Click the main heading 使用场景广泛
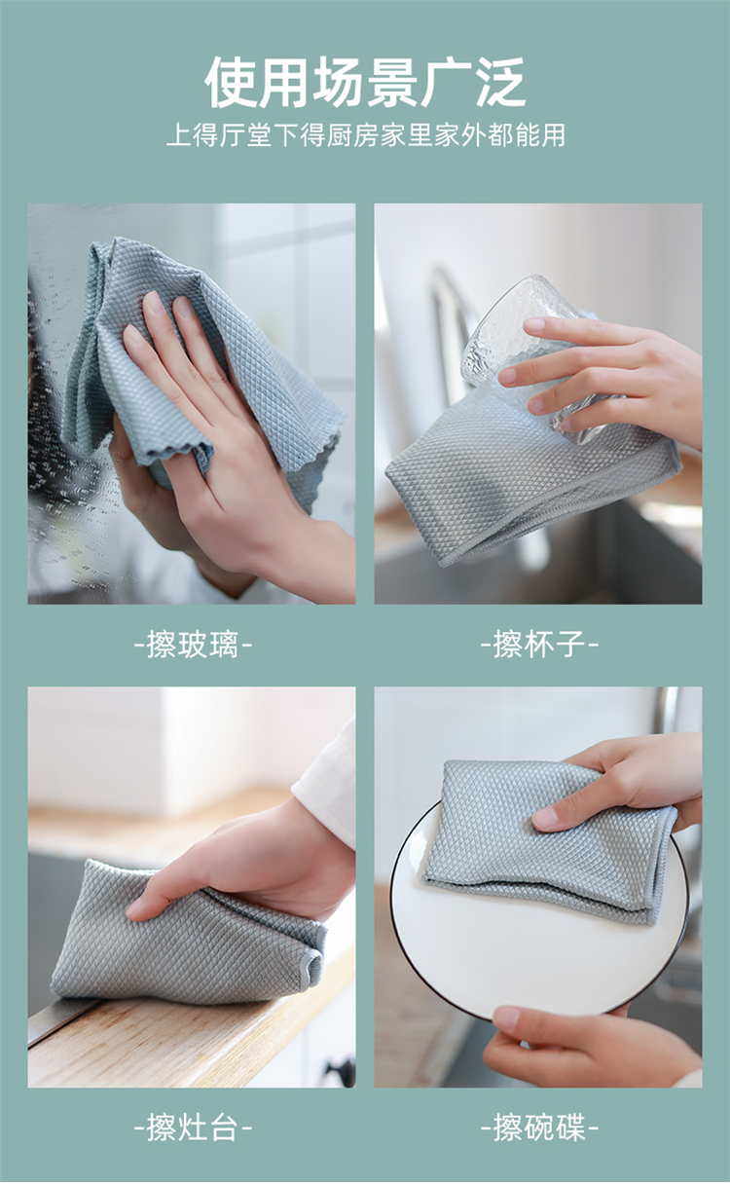(x=365, y=83)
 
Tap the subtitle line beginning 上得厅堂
(x=366, y=134)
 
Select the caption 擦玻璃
(x=193, y=645)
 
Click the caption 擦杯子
(x=539, y=645)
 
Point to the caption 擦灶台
(x=193, y=1128)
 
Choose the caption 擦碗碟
(x=539, y=1128)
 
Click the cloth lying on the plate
(x=549, y=840)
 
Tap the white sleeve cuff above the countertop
(x=325, y=782)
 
